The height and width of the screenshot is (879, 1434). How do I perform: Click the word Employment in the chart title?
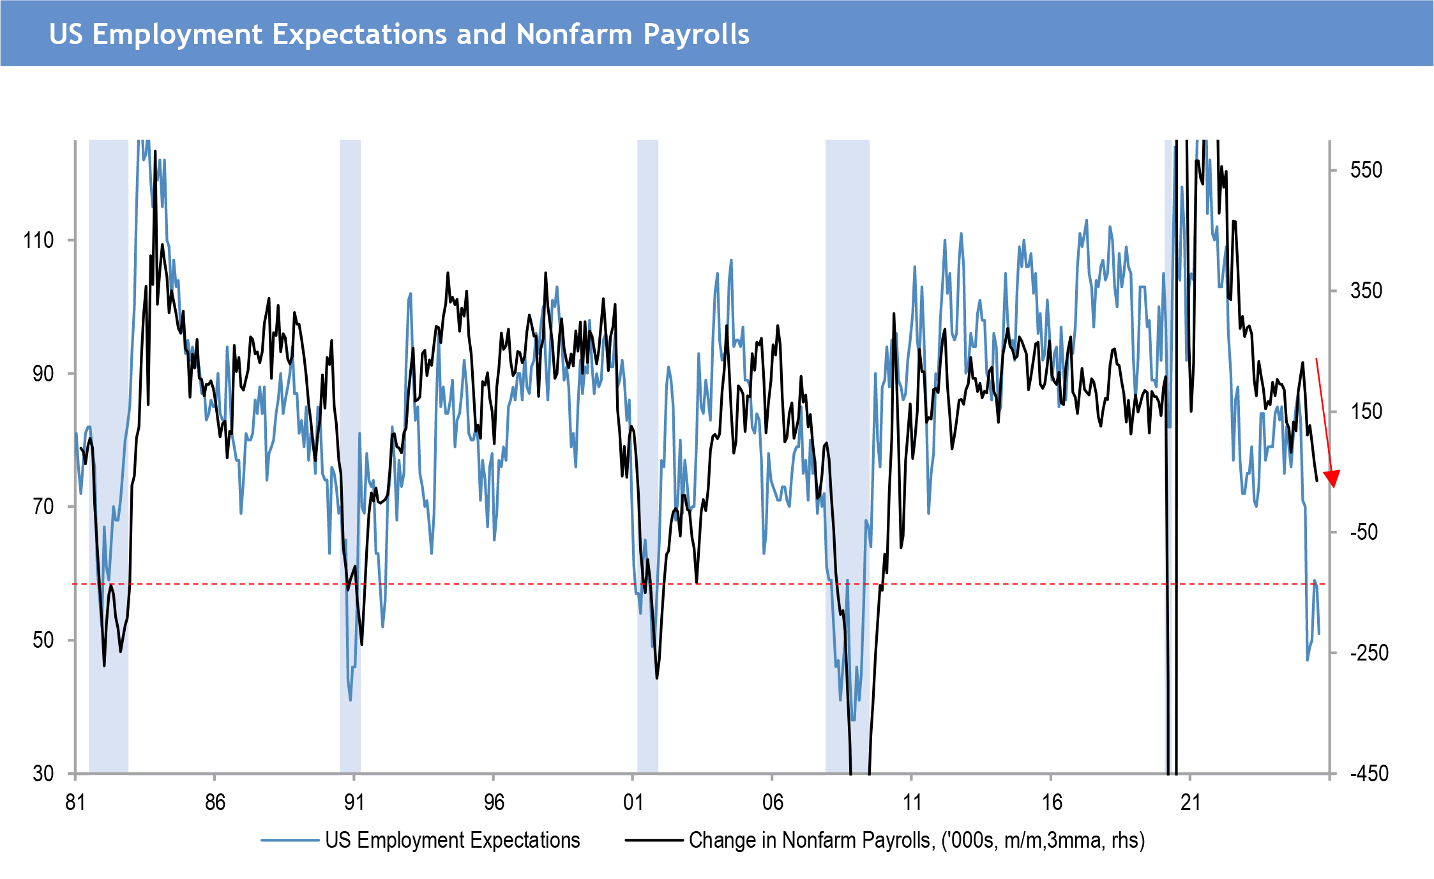pyautogui.click(x=177, y=34)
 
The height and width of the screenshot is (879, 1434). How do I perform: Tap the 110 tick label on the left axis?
pyautogui.click(x=38, y=241)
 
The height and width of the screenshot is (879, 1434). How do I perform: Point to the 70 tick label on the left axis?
pyautogui.click(x=43, y=507)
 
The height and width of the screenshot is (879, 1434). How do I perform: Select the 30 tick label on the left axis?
pyautogui.click(x=43, y=774)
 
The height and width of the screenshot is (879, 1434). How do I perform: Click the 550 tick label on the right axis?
pyautogui.click(x=1366, y=170)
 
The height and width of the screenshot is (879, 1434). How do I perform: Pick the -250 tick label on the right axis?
pyautogui.click(x=1369, y=653)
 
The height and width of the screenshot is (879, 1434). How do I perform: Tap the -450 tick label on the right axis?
pyautogui.click(x=1369, y=774)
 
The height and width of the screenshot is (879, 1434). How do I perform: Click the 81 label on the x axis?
pyautogui.click(x=75, y=802)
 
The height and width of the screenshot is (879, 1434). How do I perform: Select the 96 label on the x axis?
pyautogui.click(x=494, y=802)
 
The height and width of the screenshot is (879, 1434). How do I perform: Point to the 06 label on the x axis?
pyautogui.click(x=773, y=802)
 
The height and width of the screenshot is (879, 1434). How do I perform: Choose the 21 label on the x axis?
pyautogui.click(x=1191, y=802)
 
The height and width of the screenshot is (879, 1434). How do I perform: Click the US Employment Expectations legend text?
pyautogui.click(x=452, y=840)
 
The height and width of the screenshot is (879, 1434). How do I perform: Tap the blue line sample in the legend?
pyautogui.click(x=289, y=840)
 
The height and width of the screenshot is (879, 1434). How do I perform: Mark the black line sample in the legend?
pyautogui.click(x=653, y=840)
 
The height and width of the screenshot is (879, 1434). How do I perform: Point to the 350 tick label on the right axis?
pyautogui.click(x=1366, y=291)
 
